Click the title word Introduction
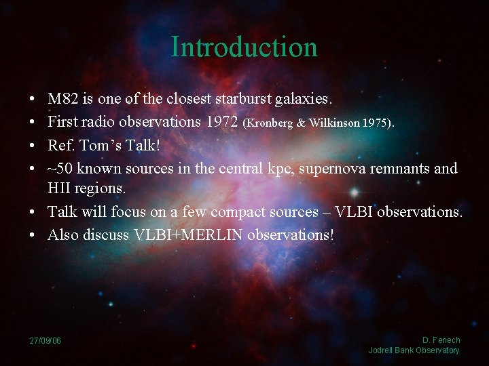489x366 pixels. pos(244,47)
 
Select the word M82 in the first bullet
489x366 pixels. pos(62,99)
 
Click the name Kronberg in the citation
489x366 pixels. pos(270,123)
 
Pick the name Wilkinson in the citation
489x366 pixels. pos(333,123)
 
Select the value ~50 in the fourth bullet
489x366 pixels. pos(59,168)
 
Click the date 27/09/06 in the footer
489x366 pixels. pos(45,340)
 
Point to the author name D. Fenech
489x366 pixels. pos(441,340)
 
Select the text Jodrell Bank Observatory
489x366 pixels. pos(414,350)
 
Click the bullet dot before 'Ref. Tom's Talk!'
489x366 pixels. pos(33,145)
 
